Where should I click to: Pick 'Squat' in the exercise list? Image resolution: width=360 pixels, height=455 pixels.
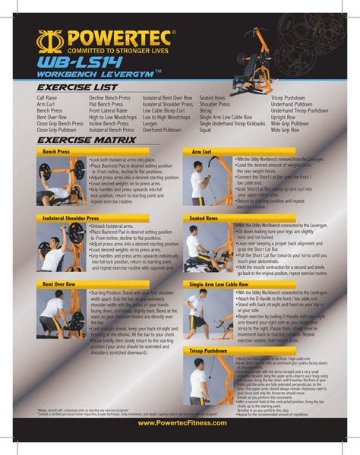tap(207, 130)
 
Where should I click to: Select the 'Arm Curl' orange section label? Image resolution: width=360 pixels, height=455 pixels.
tap(202, 153)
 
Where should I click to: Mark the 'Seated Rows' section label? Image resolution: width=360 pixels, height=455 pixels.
tap(206, 219)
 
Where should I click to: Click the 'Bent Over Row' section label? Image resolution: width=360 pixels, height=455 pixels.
tap(59, 284)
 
